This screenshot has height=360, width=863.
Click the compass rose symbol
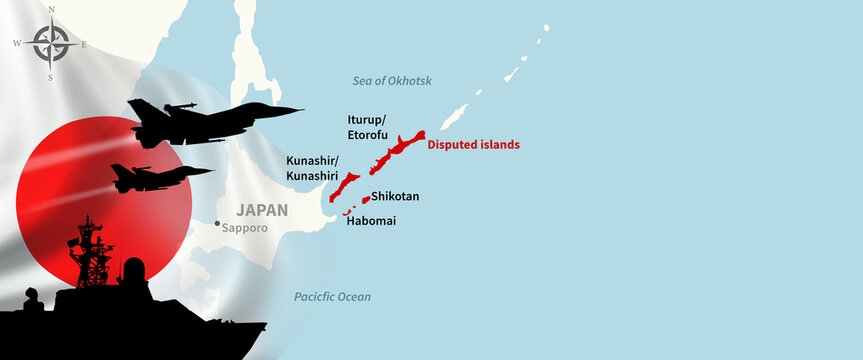point(51,44)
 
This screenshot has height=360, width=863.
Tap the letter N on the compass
point(51,10)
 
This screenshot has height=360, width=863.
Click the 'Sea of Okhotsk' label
point(391,80)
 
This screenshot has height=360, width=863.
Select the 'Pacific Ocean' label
point(332,297)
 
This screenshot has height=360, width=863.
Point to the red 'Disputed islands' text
point(473,145)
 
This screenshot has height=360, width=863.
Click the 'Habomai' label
point(370,220)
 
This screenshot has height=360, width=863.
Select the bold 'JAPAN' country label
point(261,210)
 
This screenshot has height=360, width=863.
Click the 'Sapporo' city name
point(245,227)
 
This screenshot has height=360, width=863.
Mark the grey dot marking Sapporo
point(217,224)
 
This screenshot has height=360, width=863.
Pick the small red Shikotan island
point(365,200)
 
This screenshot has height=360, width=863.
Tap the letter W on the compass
point(17,44)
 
